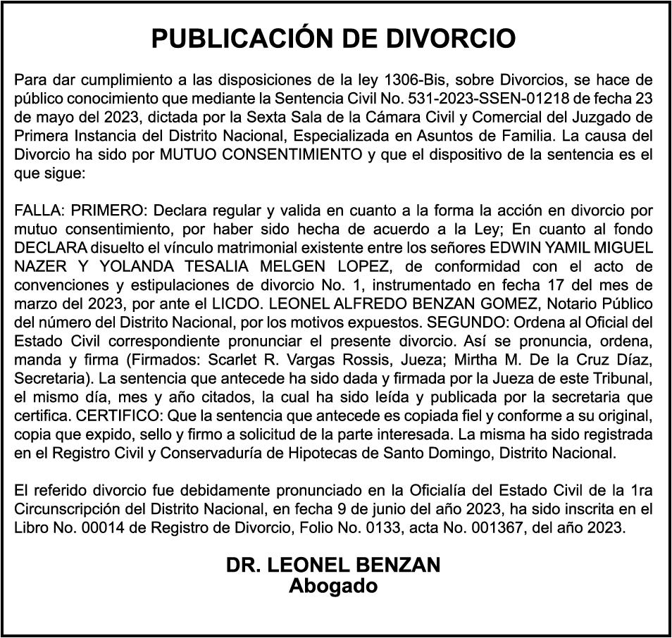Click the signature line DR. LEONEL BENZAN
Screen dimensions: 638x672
point(333,565)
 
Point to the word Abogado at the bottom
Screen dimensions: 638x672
point(333,586)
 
